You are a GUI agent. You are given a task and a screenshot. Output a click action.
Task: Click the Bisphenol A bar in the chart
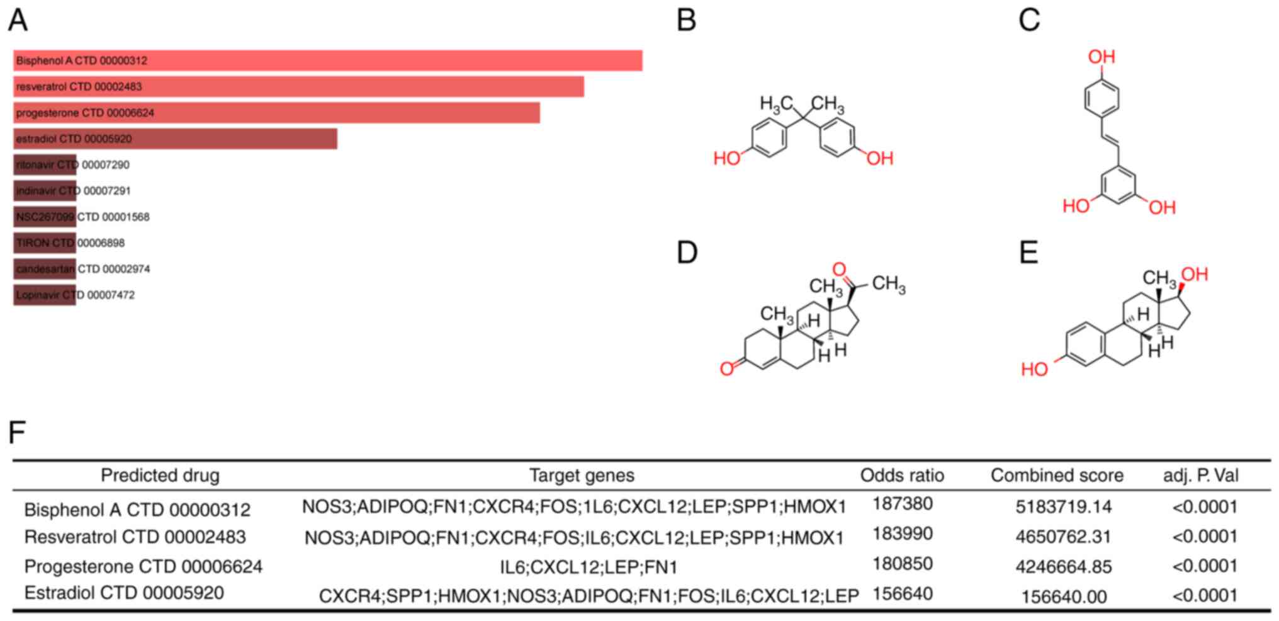327,60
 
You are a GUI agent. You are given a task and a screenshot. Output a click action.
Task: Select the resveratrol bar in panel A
298,87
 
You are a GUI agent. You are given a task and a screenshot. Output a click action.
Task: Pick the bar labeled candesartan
45,269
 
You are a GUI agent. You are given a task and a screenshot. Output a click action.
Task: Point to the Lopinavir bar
45,295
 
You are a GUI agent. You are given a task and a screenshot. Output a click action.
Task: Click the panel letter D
687,253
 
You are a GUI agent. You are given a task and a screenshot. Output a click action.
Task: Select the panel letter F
17,433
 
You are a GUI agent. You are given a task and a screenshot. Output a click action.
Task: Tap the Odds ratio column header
902,476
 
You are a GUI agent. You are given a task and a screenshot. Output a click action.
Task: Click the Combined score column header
1057,476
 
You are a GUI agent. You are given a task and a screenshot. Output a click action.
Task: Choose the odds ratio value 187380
903,504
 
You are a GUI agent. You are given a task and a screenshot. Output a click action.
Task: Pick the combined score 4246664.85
1064,567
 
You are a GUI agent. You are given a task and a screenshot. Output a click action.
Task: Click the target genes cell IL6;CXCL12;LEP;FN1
589,567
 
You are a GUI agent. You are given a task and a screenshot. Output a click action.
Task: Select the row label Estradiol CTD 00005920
124,593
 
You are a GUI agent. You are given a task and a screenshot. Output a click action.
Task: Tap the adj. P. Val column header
1201,476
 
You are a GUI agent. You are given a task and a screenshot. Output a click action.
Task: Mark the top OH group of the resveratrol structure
1102,57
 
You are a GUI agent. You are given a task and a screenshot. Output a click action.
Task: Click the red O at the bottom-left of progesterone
727,368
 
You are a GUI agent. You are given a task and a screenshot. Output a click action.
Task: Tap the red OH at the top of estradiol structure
1194,275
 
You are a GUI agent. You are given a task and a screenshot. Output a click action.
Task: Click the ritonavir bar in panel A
45,165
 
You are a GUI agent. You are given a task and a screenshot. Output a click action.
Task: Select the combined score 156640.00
1064,596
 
